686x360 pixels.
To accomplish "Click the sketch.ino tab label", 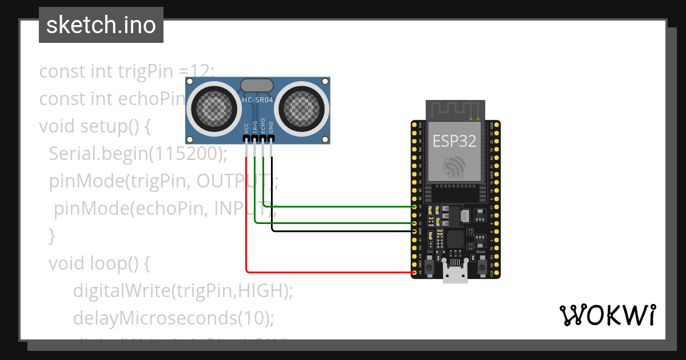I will point(101,25).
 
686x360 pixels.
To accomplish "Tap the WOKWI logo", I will point(607,315).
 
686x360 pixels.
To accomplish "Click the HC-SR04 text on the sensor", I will point(257,99).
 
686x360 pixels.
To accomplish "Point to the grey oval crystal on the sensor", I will point(257,85).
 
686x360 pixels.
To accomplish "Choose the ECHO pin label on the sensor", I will point(263,126).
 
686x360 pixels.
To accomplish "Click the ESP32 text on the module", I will point(454,141).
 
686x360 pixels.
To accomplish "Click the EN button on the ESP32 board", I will point(429,267).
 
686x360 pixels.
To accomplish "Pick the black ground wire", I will point(343,231).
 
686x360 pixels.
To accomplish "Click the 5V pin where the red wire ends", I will point(414,273).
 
